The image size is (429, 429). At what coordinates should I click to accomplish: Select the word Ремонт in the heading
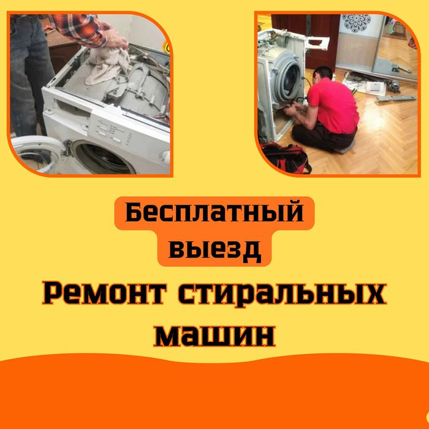click(105, 294)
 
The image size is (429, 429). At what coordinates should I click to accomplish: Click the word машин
click(214, 335)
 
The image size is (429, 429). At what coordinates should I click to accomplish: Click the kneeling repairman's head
click(323, 75)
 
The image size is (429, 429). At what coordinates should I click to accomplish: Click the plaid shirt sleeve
click(79, 28)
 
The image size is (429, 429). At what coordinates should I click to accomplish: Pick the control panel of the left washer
click(115, 132)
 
